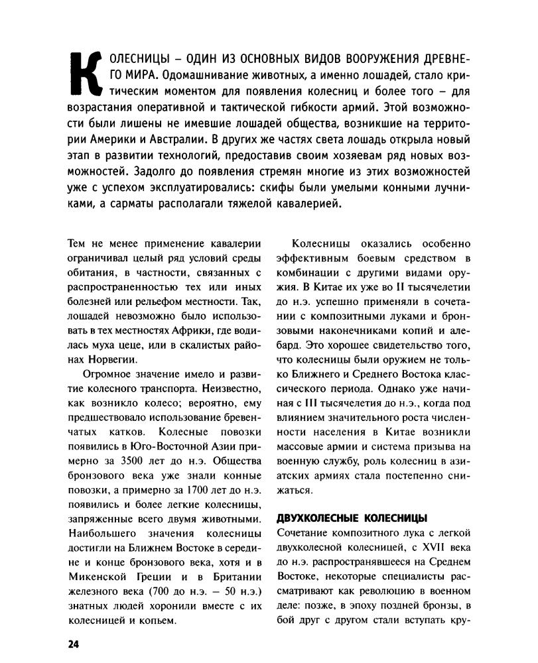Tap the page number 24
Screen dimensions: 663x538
tap(72, 645)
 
